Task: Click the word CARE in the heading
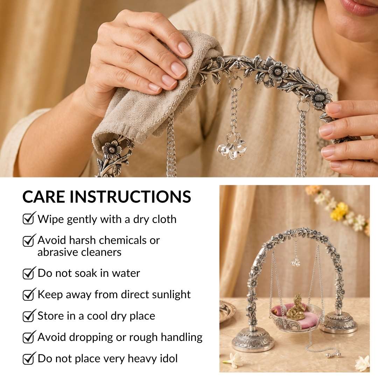click(x=43, y=196)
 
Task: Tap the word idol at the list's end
click(x=169, y=358)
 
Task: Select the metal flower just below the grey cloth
click(x=112, y=149)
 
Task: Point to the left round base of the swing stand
click(x=253, y=340)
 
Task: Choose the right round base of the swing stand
click(x=339, y=322)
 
